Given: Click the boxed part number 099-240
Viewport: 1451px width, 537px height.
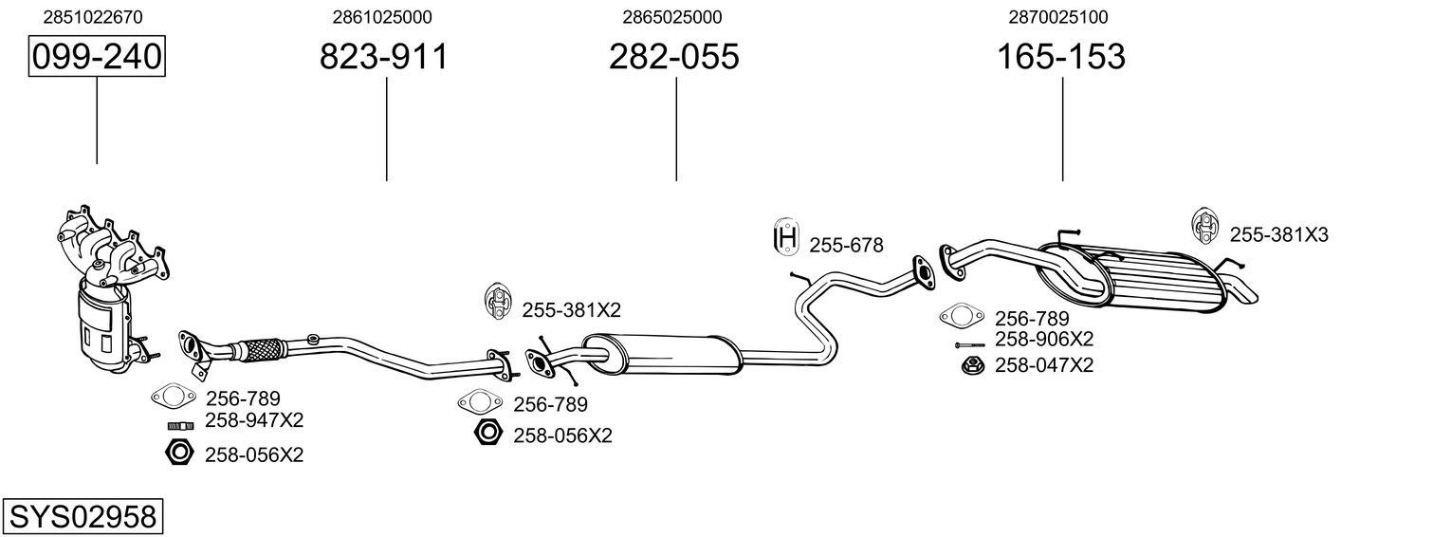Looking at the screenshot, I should pos(97,57).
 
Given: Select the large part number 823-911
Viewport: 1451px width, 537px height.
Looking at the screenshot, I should pos(383,57).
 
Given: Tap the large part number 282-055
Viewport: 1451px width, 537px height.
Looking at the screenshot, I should pos(673,57).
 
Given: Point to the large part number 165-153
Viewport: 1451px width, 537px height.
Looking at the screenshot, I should pos(1060,57).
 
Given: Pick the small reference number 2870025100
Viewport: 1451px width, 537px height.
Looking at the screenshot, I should pos(1058,17).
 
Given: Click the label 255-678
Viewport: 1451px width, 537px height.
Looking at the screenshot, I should pos(846,246).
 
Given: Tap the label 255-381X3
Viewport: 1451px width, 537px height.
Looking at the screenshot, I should pos(1278,234).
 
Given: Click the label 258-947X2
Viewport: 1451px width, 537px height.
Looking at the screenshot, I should pos(254,419).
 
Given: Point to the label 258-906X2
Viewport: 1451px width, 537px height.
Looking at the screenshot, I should pos(1043,340).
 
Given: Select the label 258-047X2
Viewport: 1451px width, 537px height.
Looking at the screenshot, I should pos(1043,364).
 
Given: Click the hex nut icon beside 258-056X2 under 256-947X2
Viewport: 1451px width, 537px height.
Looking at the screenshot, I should pos(178,454).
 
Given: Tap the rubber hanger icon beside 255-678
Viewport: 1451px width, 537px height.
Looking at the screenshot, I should pos(786,237).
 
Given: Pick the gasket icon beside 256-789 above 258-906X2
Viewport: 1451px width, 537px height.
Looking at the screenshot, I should pos(960,316).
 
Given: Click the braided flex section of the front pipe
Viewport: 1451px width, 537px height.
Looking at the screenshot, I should pos(258,349).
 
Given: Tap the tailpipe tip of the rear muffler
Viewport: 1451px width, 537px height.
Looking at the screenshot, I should pos(1241,291).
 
